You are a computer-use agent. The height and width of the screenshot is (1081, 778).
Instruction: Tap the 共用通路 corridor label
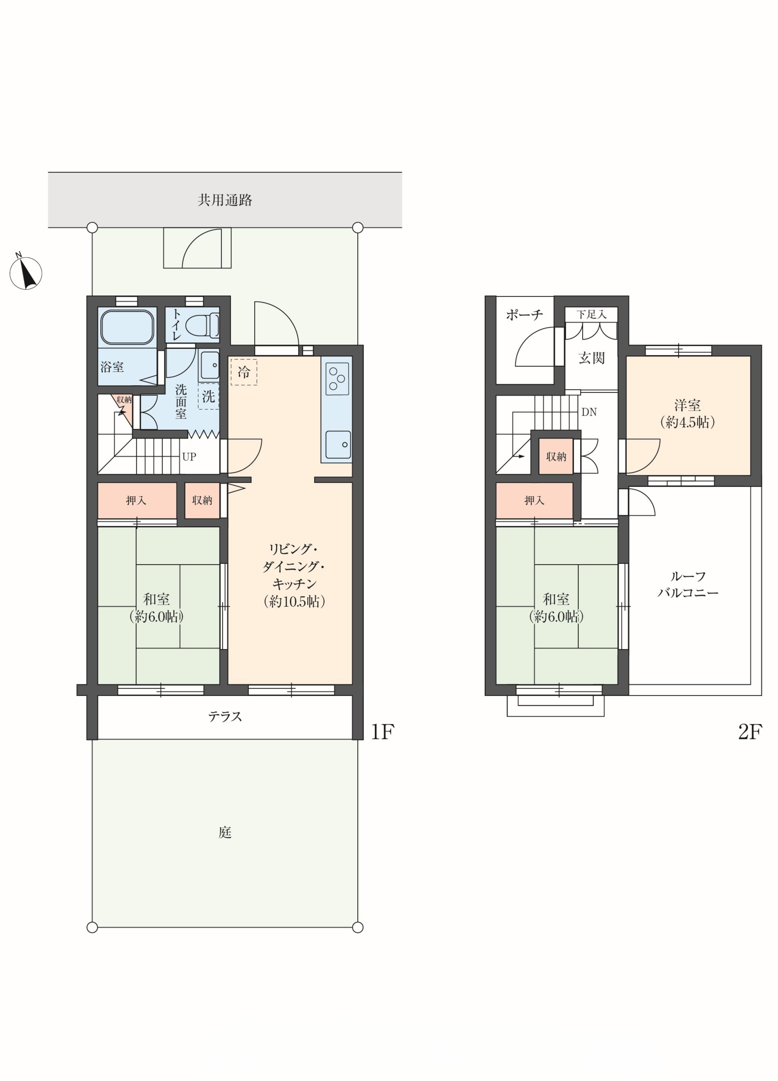225,200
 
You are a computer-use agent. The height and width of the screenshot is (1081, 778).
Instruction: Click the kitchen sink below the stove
338,445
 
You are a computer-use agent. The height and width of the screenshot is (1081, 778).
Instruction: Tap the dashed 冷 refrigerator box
243,372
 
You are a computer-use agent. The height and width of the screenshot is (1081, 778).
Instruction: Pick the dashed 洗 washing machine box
208,396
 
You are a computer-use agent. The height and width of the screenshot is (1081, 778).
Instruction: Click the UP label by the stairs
189,457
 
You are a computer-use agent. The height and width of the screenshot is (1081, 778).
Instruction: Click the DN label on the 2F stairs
589,412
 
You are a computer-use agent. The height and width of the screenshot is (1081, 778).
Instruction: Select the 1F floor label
383,732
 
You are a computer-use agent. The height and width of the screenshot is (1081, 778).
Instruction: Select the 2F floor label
750,732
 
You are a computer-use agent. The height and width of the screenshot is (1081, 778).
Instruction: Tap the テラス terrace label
225,716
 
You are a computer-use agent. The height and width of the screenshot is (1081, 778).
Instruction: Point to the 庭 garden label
225,832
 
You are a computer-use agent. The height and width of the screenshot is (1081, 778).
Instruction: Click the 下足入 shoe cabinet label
591,314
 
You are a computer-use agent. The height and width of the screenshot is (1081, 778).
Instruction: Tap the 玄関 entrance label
591,358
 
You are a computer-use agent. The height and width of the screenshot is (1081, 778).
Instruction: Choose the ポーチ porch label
525,315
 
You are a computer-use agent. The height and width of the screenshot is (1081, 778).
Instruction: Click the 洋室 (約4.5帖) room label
688,414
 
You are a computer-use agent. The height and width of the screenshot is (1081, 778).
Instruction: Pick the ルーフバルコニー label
688,584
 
